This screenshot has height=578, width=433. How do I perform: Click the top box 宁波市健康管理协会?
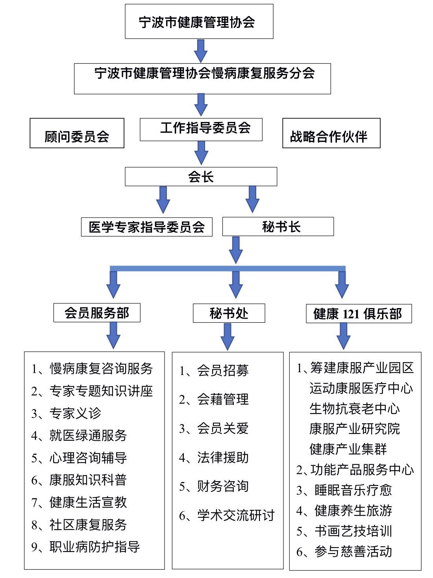click(199, 22)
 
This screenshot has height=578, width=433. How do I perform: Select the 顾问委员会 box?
click(77, 134)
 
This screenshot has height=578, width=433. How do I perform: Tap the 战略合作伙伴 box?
click(331, 134)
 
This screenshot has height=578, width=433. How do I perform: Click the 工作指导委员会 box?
click(201, 129)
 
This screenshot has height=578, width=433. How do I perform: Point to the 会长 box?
click(201, 177)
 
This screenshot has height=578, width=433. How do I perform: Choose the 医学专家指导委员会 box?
click(146, 227)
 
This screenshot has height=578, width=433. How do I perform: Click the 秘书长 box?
click(278, 227)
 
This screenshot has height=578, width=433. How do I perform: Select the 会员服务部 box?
click(97, 313)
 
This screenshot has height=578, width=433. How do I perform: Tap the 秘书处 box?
click(229, 314)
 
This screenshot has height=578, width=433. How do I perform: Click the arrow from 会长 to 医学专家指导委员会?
click(163, 199)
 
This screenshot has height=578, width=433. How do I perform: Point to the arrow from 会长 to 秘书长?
click(252, 199)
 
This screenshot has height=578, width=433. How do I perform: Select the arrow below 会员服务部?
click(113, 335)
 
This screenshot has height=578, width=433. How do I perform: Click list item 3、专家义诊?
click(66, 413)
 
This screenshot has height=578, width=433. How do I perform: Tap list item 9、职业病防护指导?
click(85, 547)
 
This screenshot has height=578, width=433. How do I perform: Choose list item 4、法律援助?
click(214, 458)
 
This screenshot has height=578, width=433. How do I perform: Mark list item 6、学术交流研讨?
click(227, 515)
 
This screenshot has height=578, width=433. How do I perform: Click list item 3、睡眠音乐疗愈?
click(344, 490)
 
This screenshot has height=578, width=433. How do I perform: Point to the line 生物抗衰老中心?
click(354, 409)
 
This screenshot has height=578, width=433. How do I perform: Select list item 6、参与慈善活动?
click(344, 552)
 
